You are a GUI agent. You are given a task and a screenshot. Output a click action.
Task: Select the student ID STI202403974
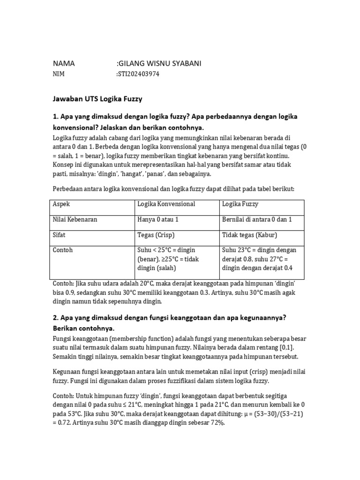coord(139,74)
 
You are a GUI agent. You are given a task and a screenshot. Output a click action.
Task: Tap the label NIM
coord(59,74)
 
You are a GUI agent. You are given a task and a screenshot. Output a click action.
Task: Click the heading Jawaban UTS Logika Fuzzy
coord(97,99)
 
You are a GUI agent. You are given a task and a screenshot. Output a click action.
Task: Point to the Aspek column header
coord(61,204)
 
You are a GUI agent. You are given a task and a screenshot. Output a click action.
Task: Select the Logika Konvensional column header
coord(166,204)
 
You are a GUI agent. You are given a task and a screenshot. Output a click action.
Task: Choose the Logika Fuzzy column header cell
coord(240,204)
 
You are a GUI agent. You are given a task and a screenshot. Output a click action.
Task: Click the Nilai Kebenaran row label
coord(75,219)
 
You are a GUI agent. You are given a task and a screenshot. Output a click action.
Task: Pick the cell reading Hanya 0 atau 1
coord(158,219)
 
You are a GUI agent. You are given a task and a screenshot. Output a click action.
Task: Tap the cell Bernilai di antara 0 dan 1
coord(257,219)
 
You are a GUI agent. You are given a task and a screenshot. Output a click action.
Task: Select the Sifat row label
coord(59,235)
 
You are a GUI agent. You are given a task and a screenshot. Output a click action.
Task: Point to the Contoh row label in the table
coord(63,250)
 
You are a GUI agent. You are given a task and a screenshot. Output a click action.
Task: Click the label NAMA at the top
coord(64,64)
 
